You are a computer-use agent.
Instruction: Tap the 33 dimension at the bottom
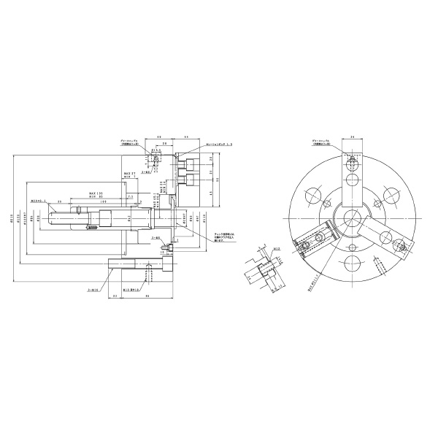tap(115, 296)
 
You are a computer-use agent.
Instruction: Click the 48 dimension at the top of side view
tap(159, 137)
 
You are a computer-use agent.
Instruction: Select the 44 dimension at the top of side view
tap(186, 137)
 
